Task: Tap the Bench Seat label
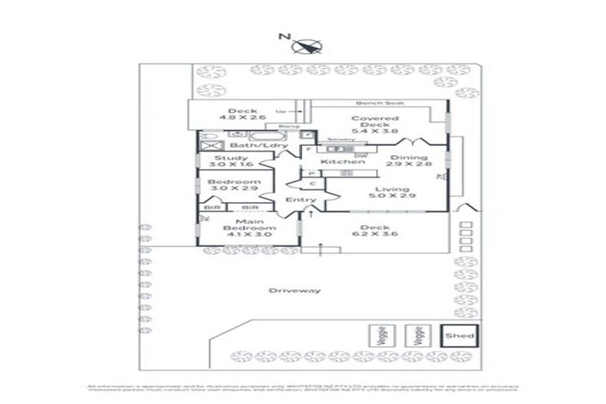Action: pyautogui.click(x=370, y=103)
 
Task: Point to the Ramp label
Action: pyautogui.click(x=282, y=126)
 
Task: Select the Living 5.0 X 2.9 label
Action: pyautogui.click(x=391, y=193)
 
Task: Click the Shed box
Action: pyautogui.click(x=458, y=335)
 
